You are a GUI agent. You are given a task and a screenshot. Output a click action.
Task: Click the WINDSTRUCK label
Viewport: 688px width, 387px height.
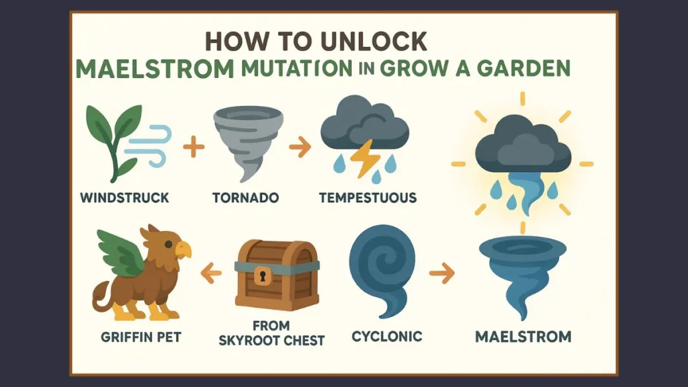[124, 198]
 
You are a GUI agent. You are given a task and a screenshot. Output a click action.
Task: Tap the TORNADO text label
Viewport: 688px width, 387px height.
[246, 198]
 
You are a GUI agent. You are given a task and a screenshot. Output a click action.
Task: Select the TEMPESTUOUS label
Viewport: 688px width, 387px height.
[368, 198]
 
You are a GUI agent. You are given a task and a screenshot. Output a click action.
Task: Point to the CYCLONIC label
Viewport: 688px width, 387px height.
[387, 337]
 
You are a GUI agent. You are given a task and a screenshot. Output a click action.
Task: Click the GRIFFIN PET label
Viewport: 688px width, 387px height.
[141, 337]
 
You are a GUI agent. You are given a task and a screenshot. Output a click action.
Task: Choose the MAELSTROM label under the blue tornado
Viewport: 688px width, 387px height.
[523, 337]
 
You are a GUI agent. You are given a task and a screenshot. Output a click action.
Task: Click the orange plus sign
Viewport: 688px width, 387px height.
[193, 146]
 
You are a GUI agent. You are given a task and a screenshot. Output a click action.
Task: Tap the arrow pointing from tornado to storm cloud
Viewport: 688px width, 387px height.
[300, 147]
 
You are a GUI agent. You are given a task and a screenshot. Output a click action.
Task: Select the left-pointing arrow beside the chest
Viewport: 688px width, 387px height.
[210, 273]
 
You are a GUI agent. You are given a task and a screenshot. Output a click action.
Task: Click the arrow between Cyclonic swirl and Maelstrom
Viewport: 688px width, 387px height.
[442, 273]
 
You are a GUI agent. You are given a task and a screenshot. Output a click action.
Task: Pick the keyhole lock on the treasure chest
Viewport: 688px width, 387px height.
[263, 275]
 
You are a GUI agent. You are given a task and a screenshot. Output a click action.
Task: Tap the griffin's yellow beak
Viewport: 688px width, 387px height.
[184, 250]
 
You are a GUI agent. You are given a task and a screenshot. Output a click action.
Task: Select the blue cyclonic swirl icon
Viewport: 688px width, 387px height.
[382, 270]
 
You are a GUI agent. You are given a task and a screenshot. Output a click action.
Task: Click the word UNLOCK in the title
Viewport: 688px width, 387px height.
[374, 42]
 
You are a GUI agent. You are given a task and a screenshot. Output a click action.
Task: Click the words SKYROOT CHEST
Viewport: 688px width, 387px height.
[271, 341]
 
